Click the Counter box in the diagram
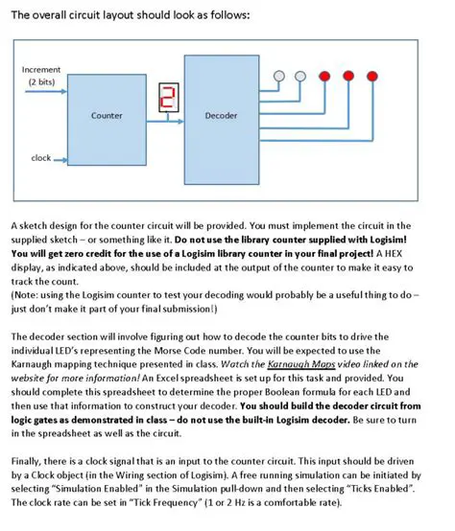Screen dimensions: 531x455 (x=106, y=116)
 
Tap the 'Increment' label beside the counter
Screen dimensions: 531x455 (x=41, y=70)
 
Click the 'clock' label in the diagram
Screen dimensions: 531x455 (x=41, y=157)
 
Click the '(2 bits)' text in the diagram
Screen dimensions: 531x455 (x=41, y=81)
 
